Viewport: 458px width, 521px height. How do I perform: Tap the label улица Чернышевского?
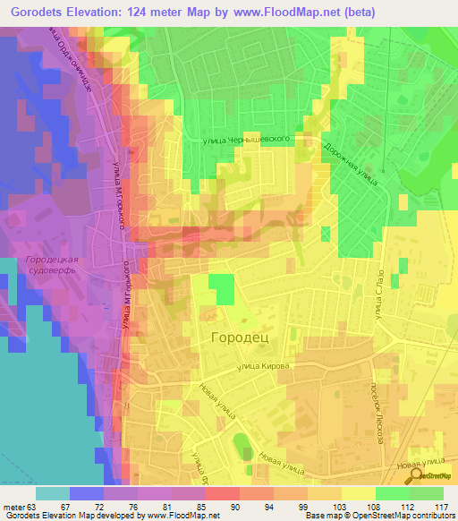click(x=251, y=140)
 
